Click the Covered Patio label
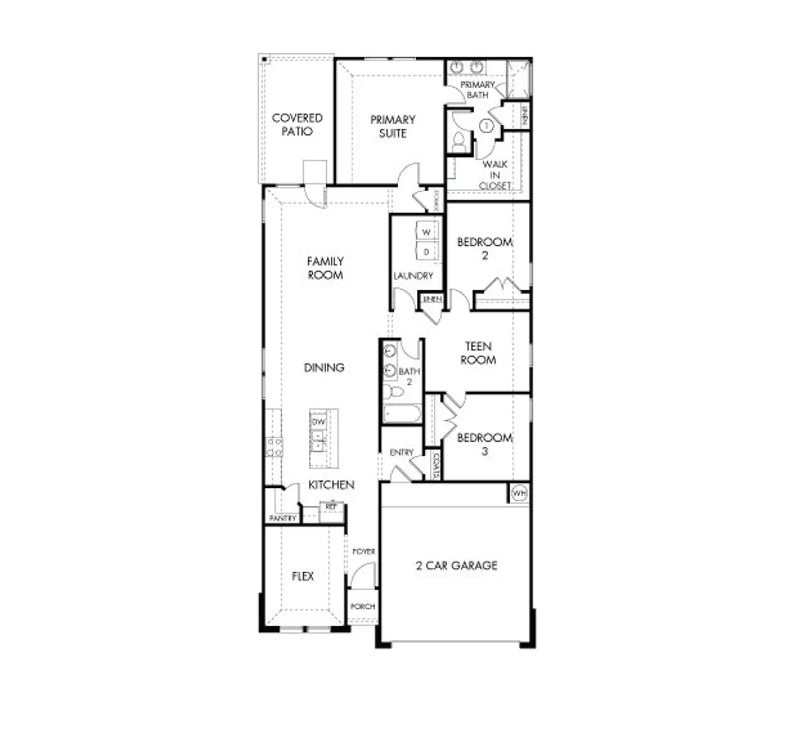(297, 124)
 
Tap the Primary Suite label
(392, 126)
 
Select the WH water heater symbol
(519, 493)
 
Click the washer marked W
(427, 232)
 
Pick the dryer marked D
(427, 252)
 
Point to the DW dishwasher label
(318, 422)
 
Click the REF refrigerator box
(331, 507)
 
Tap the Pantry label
(283, 518)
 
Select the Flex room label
(303, 576)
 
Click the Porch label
(362, 606)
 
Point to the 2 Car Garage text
(456, 565)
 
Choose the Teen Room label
(478, 353)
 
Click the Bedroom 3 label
(484, 444)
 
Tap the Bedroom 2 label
(484, 248)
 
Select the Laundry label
(413, 276)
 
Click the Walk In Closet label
(495, 175)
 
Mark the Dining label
(324, 367)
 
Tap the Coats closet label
(436, 466)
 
